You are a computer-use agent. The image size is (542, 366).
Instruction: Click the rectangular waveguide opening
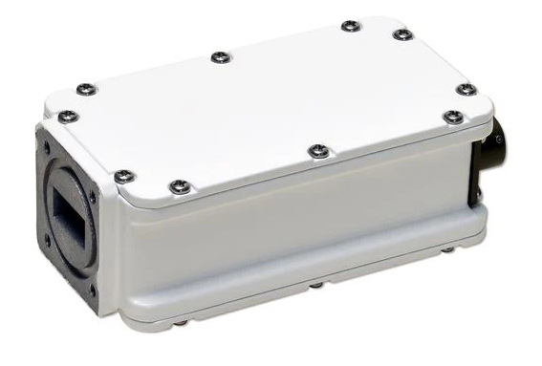click(x=70, y=212)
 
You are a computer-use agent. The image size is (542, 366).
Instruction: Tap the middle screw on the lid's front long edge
click(x=318, y=151)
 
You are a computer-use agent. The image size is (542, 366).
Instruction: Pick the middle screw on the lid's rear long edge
click(x=221, y=57)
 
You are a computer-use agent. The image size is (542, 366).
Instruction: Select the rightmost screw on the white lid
click(x=466, y=89)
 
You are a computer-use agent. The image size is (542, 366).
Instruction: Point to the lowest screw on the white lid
click(x=179, y=186)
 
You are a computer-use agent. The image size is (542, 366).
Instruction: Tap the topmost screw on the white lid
click(x=351, y=26)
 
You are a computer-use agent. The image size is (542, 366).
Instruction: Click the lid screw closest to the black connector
click(x=454, y=118)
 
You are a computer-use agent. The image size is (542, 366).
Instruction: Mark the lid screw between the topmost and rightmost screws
click(x=402, y=35)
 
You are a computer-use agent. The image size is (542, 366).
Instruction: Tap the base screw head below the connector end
click(x=447, y=250)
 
